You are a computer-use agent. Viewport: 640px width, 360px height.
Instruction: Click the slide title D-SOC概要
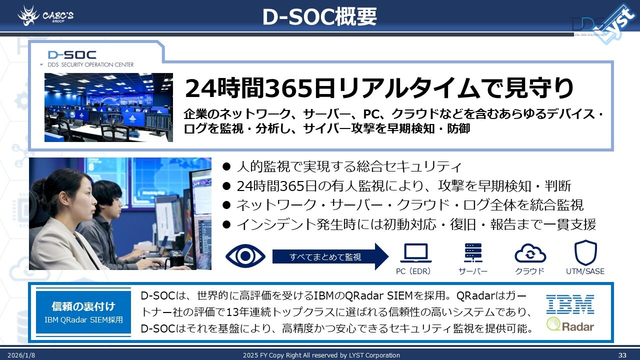click(319, 17)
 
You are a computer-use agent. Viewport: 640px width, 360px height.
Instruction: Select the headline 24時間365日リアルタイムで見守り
click(379, 89)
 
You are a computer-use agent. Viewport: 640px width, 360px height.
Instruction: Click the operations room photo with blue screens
click(108, 107)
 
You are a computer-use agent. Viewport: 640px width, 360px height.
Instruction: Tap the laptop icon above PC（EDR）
click(416, 253)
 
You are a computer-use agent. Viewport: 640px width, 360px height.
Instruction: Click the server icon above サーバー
click(473, 253)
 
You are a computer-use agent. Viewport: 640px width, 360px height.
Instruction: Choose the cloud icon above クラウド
click(530, 253)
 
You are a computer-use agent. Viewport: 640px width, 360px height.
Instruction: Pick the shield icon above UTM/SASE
click(585, 253)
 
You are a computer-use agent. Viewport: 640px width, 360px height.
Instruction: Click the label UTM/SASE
click(585, 271)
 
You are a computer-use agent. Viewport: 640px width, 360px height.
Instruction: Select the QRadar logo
click(570, 325)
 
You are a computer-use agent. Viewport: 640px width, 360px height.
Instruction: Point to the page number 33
click(622, 355)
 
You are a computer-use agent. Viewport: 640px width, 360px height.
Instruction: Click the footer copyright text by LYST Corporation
click(321, 355)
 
